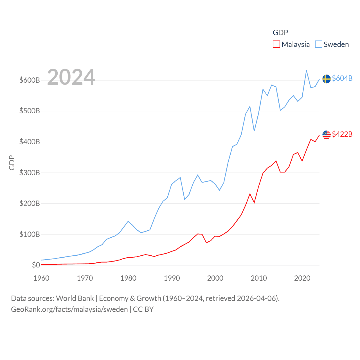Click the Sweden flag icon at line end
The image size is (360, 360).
tap(326, 79)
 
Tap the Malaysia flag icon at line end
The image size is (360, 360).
tap(326, 135)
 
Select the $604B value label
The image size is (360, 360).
tap(342, 78)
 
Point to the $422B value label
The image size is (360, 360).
tap(342, 134)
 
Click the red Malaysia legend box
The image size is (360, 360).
tap(276, 44)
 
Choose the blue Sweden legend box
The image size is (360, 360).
tap(318, 44)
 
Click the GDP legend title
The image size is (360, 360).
tap(280, 33)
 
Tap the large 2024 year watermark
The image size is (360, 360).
tap(71, 77)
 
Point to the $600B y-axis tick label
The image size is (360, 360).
tap(30, 80)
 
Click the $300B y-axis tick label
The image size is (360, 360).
tap(30, 173)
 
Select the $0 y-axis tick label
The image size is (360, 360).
tap(36, 265)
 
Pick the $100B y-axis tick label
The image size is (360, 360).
tap(30, 234)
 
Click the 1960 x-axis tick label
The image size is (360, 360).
tap(41, 278)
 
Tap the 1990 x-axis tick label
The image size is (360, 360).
tap(172, 278)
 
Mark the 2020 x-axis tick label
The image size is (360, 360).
tap(302, 278)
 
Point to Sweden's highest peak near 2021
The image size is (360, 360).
tap(306, 71)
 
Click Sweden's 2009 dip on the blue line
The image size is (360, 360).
tap(254, 131)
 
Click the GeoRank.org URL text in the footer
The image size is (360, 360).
tap(69, 309)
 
